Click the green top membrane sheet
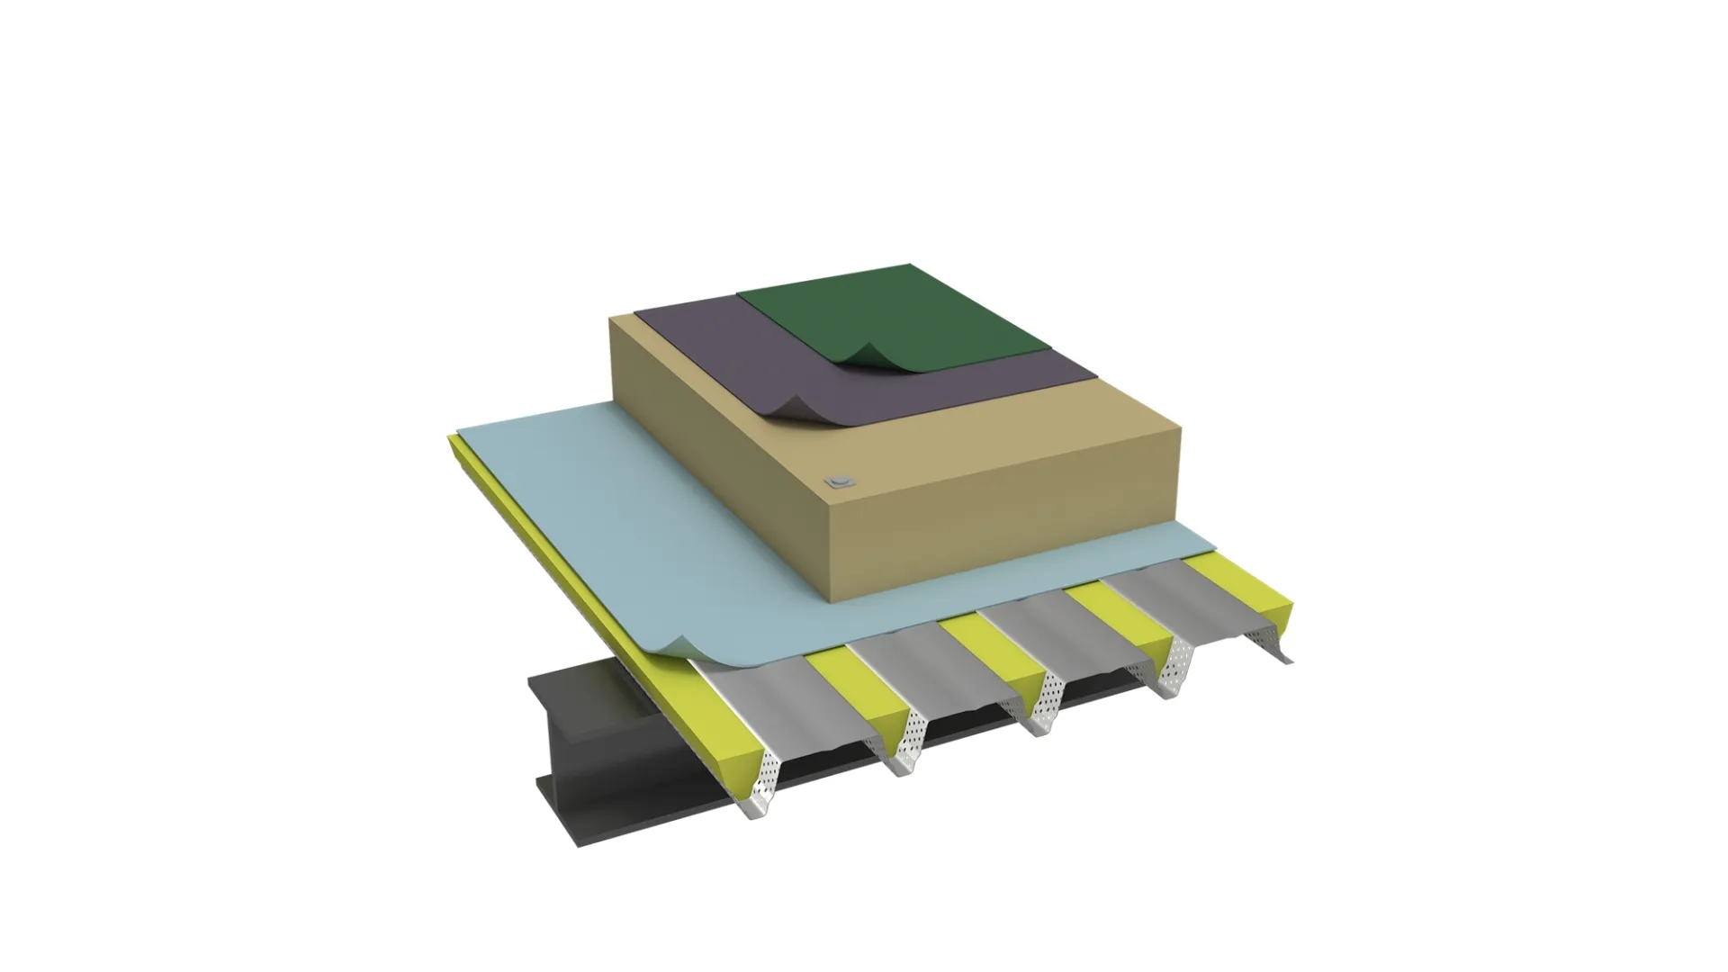(900, 310)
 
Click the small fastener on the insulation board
(841, 481)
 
